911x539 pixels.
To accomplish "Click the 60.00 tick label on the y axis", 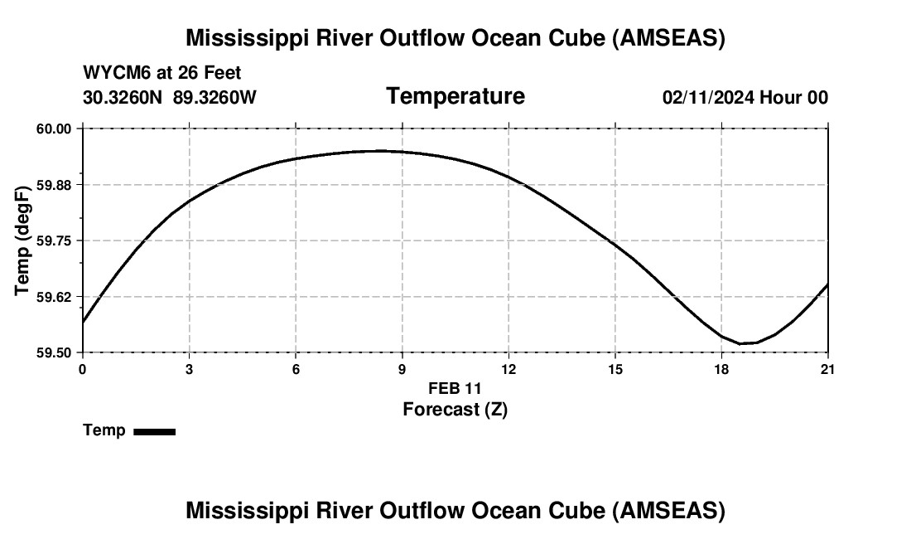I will (55, 129).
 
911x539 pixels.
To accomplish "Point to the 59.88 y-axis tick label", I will (55, 184).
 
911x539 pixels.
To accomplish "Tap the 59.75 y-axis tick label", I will (55, 240).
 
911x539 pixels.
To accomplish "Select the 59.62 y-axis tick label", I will (55, 296).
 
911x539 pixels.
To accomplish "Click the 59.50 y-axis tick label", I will (55, 352).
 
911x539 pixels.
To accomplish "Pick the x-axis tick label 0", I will (83, 369).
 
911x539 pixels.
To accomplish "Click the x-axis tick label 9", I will (402, 369).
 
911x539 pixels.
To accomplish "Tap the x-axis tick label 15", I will (615, 369).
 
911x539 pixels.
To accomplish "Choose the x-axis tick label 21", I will (828, 369).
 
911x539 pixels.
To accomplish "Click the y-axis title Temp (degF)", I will (23, 240).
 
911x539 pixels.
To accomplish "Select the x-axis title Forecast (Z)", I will (455, 409).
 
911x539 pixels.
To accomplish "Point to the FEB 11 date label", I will (455, 388).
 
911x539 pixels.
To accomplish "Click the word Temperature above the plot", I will (455, 96).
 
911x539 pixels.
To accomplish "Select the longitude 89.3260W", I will (214, 97).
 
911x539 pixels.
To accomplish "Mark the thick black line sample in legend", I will (154, 431).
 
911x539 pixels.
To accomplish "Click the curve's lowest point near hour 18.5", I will (743, 343).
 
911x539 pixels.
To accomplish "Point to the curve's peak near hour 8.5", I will (381, 151).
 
